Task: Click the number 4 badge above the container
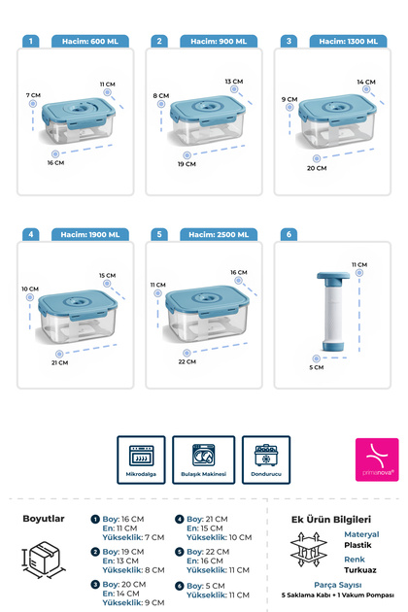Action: click(x=32, y=234)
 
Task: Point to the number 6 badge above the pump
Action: click(x=289, y=234)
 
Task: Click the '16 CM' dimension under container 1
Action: click(x=55, y=162)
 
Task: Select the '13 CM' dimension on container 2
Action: click(x=233, y=82)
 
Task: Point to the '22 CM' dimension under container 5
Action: click(x=187, y=360)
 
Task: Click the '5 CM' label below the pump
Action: click(x=318, y=368)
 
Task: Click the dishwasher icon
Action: click(x=204, y=456)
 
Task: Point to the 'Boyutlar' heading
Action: click(x=44, y=519)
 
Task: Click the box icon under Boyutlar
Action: click(x=43, y=561)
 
